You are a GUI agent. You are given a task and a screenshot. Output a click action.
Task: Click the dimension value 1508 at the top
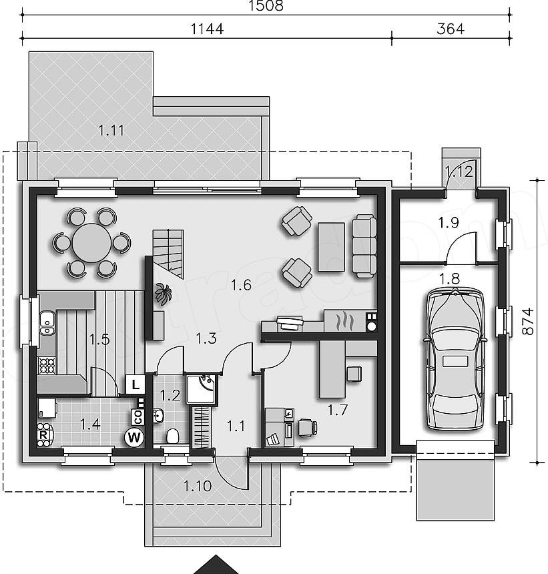coord(266,6)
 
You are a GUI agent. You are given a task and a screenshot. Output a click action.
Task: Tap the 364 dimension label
coord(451,29)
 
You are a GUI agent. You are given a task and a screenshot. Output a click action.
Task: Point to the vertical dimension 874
coord(527,322)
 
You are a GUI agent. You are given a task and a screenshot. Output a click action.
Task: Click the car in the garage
coord(455,359)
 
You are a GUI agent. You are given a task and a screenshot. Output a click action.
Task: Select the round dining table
coord(91,243)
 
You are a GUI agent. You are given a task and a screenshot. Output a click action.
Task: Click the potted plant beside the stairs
coord(163,294)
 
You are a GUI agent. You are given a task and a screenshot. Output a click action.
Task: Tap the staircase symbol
coord(168,254)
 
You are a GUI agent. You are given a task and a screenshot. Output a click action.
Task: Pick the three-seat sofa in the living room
coord(364,246)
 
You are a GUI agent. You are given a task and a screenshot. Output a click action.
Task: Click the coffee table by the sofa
coord(331,247)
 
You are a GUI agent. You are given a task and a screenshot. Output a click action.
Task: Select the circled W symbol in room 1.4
coord(134,437)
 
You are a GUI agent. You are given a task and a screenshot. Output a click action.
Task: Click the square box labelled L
coord(135,384)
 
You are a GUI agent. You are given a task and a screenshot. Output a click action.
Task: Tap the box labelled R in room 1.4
coord(43,436)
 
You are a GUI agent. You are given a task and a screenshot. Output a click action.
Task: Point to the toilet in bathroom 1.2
coord(172,437)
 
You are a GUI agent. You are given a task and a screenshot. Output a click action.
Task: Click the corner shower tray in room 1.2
coord(202,388)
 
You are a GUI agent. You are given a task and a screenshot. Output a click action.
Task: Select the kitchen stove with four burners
coord(47,365)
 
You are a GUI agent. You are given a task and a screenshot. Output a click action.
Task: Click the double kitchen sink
coord(47,322)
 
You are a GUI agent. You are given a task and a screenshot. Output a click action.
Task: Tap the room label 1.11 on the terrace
coord(111,130)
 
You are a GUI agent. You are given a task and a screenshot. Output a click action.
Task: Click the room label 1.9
coord(449,222)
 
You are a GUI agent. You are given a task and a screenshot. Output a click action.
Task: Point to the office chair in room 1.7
coord(308,428)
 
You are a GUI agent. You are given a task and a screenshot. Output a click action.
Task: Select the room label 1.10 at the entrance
coord(197,486)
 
